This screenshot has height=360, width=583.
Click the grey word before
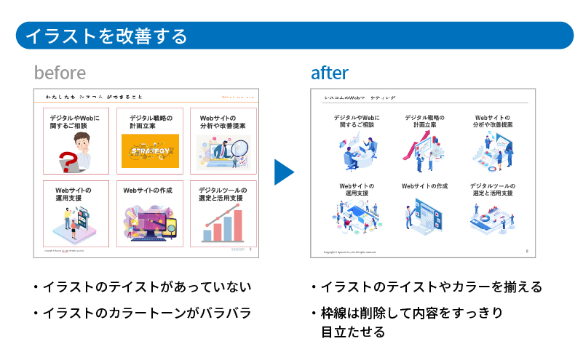point(60,73)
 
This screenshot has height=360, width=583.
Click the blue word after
point(329,73)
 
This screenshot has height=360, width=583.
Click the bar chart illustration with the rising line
point(222,223)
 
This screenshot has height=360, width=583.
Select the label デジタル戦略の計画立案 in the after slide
point(424,121)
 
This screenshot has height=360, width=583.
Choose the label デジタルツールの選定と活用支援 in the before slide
point(223,194)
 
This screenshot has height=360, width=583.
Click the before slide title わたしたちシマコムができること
point(95,97)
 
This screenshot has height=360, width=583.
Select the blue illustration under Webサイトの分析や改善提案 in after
point(493,151)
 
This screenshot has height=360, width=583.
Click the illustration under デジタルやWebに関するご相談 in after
point(357,151)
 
